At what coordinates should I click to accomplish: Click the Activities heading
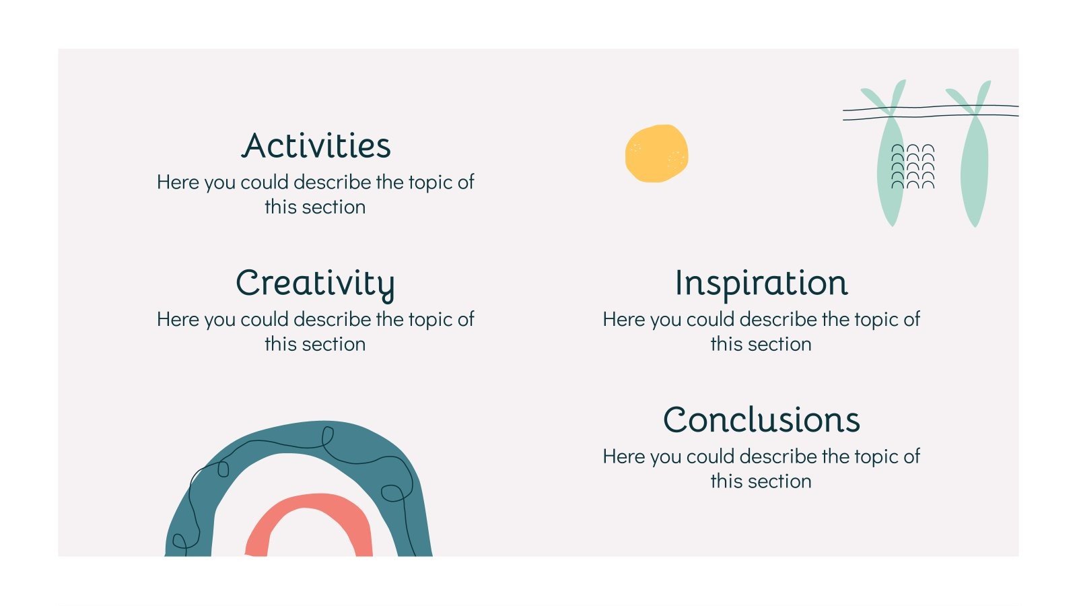click(316, 146)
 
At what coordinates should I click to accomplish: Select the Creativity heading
click(315, 283)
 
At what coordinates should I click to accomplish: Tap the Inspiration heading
click(761, 283)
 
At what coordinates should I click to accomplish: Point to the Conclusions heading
click(761, 420)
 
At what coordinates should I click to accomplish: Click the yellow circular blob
click(656, 153)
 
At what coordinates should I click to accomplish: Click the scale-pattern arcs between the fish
click(913, 166)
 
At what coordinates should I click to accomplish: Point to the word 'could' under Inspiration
click(711, 319)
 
